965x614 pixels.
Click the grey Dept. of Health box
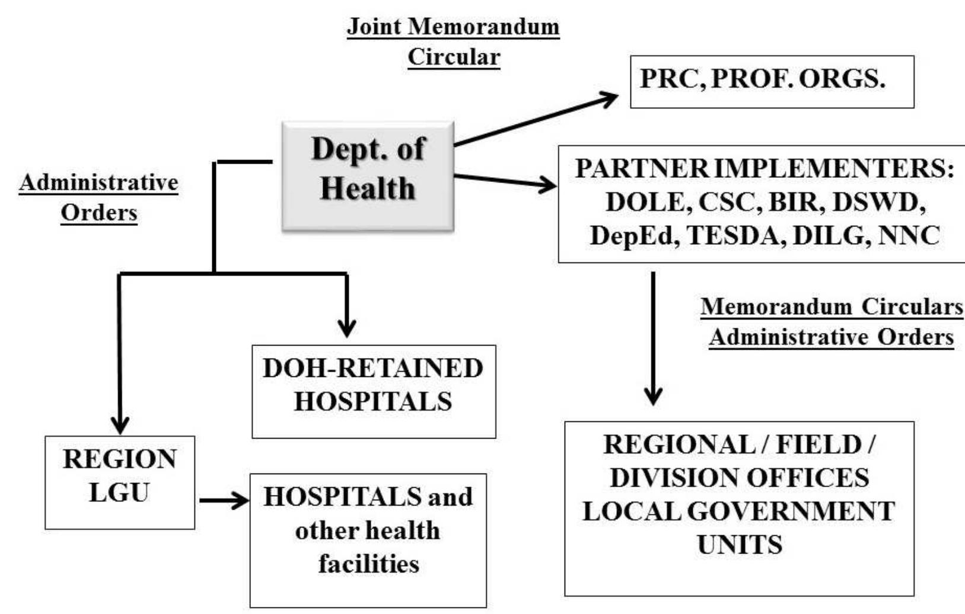point(368,176)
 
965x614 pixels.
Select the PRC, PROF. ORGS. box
point(771,81)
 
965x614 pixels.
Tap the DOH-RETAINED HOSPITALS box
point(374,391)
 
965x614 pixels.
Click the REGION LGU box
point(120,482)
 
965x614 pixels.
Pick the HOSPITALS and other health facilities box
point(368,539)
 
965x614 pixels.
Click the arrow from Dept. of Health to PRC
point(534,119)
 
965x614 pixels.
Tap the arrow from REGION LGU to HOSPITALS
point(224,501)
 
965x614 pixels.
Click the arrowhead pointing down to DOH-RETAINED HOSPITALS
point(346,328)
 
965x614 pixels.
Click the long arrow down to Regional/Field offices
point(653,338)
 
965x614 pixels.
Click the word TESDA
point(734,236)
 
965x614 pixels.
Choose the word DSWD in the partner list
point(880,202)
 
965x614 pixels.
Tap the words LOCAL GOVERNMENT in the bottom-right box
point(738,511)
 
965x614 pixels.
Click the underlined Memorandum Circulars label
point(832,306)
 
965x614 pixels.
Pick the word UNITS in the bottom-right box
point(739,544)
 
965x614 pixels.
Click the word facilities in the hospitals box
point(368,563)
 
